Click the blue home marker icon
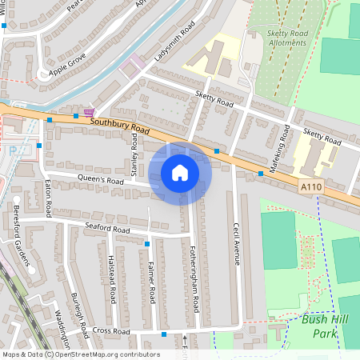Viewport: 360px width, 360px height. click(x=180, y=171)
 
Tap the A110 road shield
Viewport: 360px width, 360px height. click(x=314, y=186)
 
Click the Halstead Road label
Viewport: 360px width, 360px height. click(x=112, y=279)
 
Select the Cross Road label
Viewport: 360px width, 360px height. click(x=111, y=330)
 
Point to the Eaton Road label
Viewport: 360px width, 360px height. click(x=47, y=198)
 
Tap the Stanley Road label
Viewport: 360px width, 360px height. click(x=134, y=157)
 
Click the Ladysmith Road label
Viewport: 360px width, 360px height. click(x=175, y=41)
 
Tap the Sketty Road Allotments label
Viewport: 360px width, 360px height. click(x=276, y=38)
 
